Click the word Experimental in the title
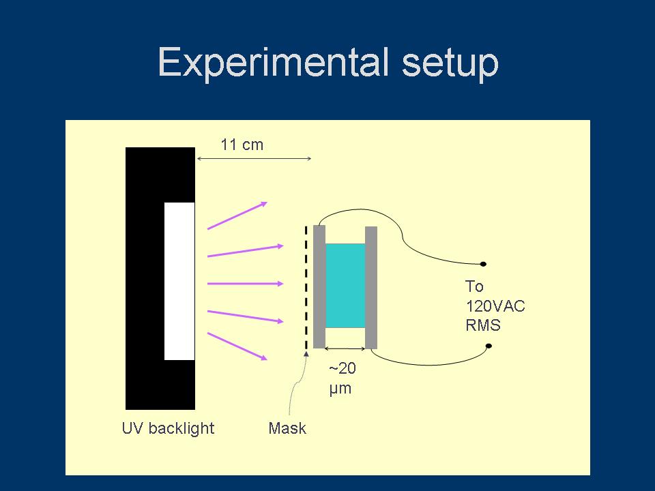(272, 63)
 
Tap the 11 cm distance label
(242, 145)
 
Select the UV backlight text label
(168, 428)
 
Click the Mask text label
(287, 428)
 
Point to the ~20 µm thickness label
(342, 379)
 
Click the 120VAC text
(495, 306)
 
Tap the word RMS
(483, 325)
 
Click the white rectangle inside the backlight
(179, 281)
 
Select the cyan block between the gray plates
(345, 286)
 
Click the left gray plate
(319, 286)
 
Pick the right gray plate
(371, 287)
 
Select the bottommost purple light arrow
(236, 346)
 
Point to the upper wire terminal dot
(483, 264)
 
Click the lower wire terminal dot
(489, 346)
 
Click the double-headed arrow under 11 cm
(254, 159)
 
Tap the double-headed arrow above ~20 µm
(345, 349)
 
